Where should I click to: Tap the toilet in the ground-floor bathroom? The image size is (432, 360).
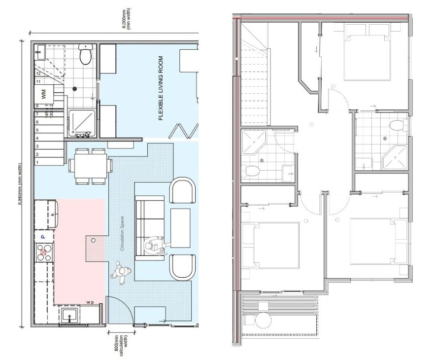(86, 55)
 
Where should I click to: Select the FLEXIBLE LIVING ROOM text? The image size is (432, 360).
(161, 89)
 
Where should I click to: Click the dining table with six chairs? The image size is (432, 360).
(91, 166)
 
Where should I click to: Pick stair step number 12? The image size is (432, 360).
(37, 73)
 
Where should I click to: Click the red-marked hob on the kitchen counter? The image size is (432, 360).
(43, 252)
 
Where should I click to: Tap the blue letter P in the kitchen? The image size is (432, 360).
(43, 237)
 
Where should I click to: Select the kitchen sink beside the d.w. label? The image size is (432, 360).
(68, 314)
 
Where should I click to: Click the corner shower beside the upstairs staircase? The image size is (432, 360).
(254, 143)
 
